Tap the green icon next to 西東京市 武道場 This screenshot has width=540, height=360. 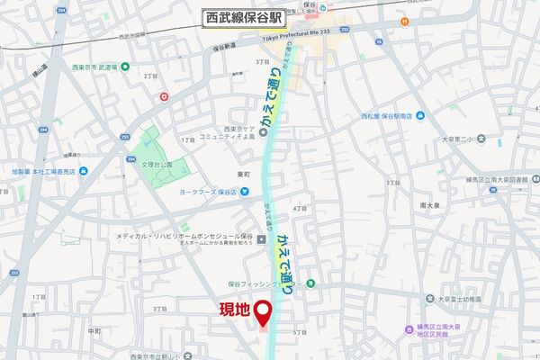(x=123, y=67)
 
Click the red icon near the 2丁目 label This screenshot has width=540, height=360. (x=163, y=95)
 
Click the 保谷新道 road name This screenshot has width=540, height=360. (x=225, y=48)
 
